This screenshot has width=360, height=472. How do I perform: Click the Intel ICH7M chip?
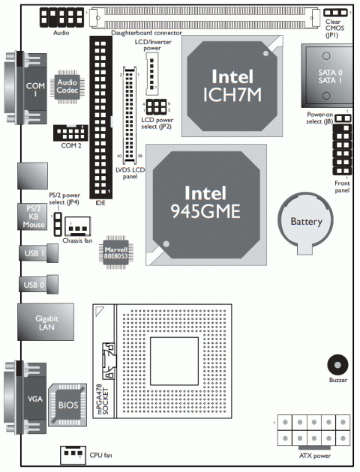[x=232, y=86]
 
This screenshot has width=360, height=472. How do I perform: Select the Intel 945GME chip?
[x=206, y=205]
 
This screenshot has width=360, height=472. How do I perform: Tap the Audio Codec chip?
[x=67, y=87]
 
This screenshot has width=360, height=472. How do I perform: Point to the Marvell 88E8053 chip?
[x=116, y=252]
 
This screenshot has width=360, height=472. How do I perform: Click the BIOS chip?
[x=67, y=405]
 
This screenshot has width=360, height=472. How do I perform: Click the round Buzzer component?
[x=337, y=365]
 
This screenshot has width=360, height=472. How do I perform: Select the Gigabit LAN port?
[x=46, y=322]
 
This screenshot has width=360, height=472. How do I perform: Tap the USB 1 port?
[x=38, y=253]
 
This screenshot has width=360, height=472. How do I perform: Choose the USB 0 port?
[x=38, y=284]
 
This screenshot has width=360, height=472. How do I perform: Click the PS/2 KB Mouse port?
[x=32, y=217]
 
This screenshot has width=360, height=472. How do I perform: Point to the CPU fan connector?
[x=73, y=456]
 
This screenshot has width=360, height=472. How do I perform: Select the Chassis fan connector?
[x=78, y=226]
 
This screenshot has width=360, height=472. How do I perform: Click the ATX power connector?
[x=314, y=431]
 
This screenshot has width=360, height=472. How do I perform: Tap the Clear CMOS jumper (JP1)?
[x=335, y=13]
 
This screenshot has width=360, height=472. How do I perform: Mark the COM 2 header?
[x=70, y=133]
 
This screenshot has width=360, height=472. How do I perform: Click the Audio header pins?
[x=62, y=17]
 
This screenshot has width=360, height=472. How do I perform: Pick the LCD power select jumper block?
[x=156, y=107]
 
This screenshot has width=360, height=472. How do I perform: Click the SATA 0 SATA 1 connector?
[x=327, y=76]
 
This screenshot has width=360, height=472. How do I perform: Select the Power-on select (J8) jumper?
[x=343, y=118]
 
